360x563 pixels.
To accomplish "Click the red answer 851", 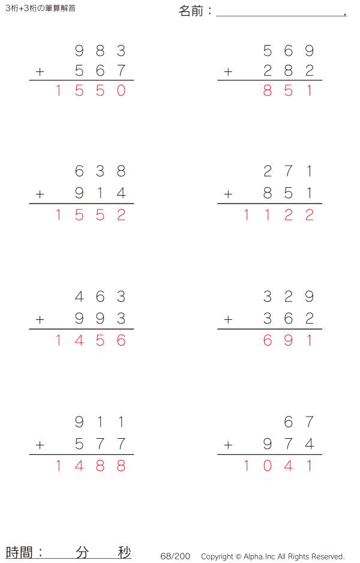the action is pyautogui.click(x=288, y=91).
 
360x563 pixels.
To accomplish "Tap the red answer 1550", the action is pyautogui.click(x=91, y=91).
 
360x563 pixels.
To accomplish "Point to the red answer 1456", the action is pyautogui.click(x=91, y=340).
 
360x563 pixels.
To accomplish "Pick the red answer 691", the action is pyautogui.click(x=288, y=340).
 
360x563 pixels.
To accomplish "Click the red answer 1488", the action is pyautogui.click(x=91, y=466).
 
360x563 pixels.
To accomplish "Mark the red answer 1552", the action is pyautogui.click(x=91, y=215).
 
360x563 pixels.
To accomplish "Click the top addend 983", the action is pyautogui.click(x=100, y=50).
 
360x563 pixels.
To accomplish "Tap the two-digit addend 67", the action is pyautogui.click(x=299, y=421).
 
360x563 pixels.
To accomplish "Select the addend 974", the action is pyautogui.click(x=289, y=444).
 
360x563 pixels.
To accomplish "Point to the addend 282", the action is pyautogui.click(x=289, y=71).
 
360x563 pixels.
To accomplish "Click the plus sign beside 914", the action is pyautogui.click(x=40, y=194).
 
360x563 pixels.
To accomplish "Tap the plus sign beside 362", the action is pyautogui.click(x=228, y=319).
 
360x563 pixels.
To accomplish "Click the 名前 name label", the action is pyautogui.click(x=191, y=11).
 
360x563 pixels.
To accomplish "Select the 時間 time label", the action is pyautogui.click(x=19, y=552).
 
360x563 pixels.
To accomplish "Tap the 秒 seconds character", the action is pyautogui.click(x=124, y=552).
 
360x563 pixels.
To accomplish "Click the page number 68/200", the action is pyautogui.click(x=175, y=556).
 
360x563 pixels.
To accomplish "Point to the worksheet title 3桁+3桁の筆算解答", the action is pyautogui.click(x=41, y=8).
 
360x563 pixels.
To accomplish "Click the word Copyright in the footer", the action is pyautogui.click(x=217, y=556).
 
